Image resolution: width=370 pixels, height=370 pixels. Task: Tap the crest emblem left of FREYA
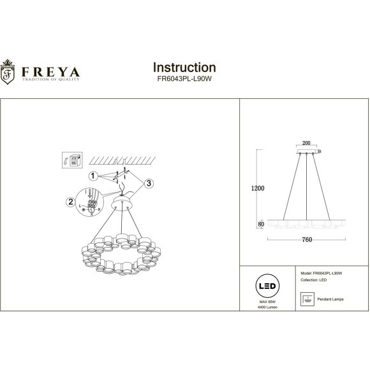coord(10,71)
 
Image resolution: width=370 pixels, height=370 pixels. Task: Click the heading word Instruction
coord(184,67)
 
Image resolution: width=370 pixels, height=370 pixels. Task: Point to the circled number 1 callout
coord(93,175)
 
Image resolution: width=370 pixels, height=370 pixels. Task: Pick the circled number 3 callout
coord(148,183)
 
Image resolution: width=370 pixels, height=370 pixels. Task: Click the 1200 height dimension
coord(258,188)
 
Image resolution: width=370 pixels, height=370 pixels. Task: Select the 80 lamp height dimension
coord(261,224)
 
